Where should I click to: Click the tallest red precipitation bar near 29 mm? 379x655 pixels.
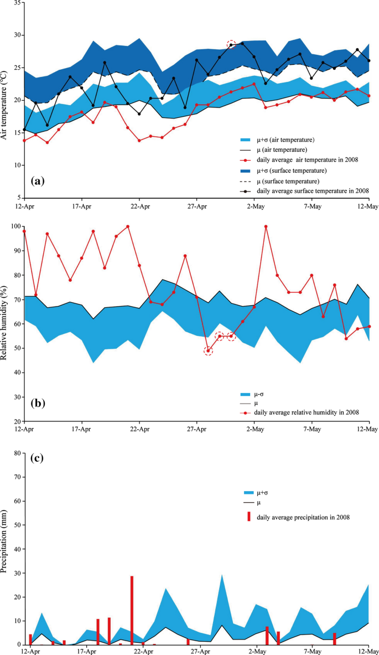coord(132,610)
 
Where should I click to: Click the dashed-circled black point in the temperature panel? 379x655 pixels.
coord(231,45)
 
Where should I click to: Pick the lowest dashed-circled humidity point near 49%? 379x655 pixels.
coord(208,350)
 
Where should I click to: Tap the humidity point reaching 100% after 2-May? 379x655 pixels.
coord(266,226)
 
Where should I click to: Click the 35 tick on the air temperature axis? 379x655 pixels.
coord(17,3)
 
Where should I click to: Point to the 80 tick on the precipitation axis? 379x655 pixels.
coord(17,453)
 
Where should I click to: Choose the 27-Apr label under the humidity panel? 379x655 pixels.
coord(197,429)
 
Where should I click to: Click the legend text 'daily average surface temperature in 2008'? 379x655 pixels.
coord(313,190)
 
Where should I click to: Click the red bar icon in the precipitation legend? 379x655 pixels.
coord(249,516)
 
